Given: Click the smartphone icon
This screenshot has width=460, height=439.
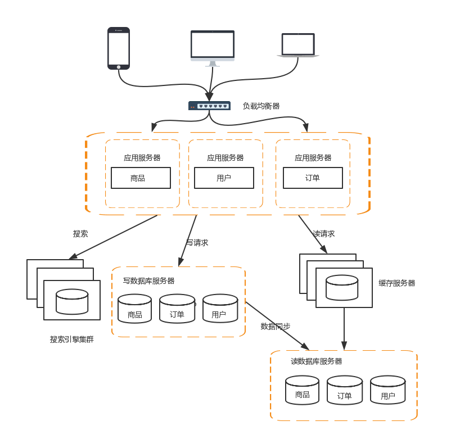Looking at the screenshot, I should pos(119,48).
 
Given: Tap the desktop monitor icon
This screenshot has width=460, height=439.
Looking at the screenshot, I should pos(212,48).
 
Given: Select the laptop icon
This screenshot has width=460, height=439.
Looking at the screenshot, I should pos(298,45).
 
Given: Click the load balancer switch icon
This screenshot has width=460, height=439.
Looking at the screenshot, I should pos(209,106).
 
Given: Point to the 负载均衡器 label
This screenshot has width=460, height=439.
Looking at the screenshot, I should pos(261,106).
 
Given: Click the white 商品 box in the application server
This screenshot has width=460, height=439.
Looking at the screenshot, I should pos(141,178).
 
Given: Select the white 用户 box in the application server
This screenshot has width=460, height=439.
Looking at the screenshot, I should pos(224,178).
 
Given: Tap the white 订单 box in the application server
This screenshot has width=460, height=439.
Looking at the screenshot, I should pos(313,178).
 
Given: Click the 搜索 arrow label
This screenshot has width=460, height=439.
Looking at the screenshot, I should pos(80,233).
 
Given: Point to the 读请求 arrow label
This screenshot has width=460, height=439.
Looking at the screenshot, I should pos(323,233).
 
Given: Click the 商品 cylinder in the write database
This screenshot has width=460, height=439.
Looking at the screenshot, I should pos(135,309).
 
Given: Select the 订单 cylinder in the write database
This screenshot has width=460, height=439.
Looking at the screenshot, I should pos(177,309).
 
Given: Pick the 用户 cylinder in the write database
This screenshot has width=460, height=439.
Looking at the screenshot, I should pos(219,309).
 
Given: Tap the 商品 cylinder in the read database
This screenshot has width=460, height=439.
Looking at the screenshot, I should pos(302,390).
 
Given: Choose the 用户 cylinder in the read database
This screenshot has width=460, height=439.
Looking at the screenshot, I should pos(387,390).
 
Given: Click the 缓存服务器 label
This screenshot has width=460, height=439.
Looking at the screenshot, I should pos(396,283).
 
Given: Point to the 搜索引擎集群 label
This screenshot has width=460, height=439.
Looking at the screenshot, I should pos(71,340).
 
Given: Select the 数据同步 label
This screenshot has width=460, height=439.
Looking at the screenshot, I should pos(276,326).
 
